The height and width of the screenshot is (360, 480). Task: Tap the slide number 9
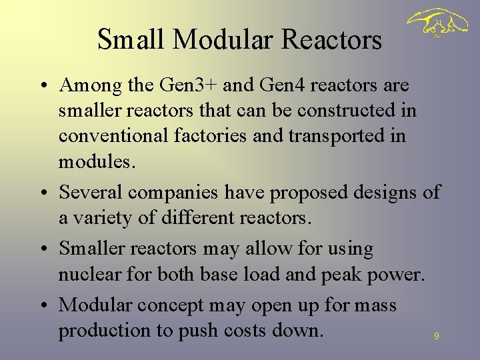pyautogui.click(x=437, y=337)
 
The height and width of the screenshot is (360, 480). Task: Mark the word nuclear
pyautogui.click(x=87, y=274)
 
